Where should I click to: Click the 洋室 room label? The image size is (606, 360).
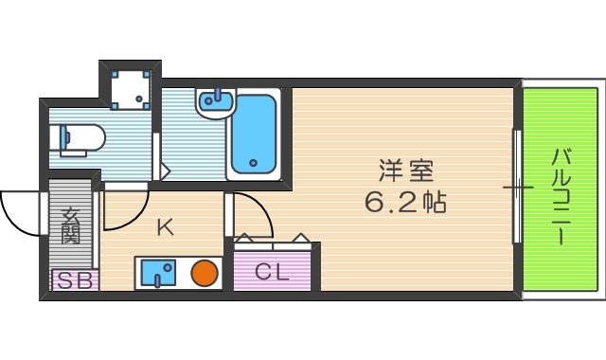point(406,171)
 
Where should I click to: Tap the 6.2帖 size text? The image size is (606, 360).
point(406,202)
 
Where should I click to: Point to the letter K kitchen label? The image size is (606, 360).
point(165,226)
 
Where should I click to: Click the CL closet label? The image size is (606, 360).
point(272,271)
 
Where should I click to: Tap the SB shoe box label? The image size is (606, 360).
point(74,280)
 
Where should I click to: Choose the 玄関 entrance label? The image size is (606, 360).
point(71,227)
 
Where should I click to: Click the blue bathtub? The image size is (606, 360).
point(253,135)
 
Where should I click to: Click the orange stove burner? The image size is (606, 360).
point(205,274)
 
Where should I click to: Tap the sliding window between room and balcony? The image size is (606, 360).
point(518,187)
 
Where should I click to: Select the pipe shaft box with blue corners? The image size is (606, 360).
point(130,86)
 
